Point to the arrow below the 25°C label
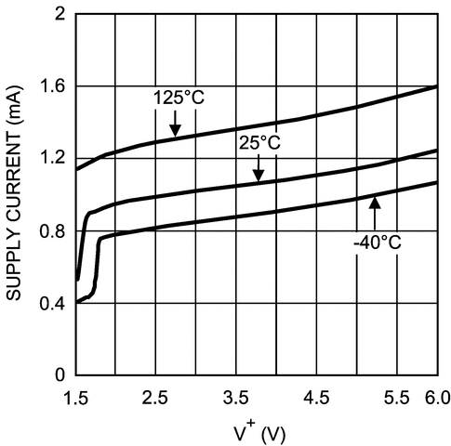click(x=259, y=169)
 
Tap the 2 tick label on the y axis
click(x=60, y=15)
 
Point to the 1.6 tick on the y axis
click(x=52, y=86)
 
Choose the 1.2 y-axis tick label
click(x=52, y=158)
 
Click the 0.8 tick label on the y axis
click(x=52, y=230)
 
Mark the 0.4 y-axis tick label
click(x=52, y=303)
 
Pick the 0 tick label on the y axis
click(x=60, y=374)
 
